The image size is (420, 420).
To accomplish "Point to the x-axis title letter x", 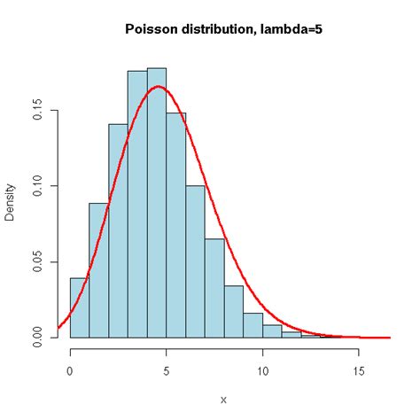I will click(223, 400).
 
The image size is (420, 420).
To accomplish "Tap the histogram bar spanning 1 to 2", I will click(98, 270).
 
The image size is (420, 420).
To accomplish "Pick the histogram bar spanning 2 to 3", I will click(118, 230).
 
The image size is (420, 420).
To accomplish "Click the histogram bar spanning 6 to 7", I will click(195, 261).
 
